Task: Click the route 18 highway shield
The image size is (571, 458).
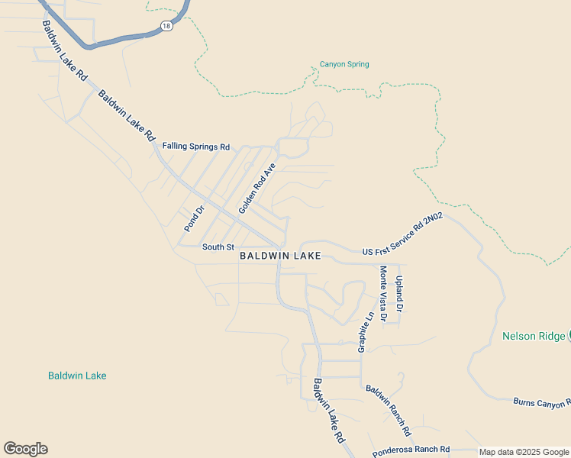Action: click(166, 26)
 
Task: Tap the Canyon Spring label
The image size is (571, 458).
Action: click(344, 65)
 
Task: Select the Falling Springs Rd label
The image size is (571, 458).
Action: click(195, 146)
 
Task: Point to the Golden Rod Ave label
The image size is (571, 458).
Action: click(256, 189)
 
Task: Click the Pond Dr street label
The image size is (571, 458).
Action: click(195, 219)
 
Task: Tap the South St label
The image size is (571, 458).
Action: click(218, 247)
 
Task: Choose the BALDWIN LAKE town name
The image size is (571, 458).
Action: click(280, 256)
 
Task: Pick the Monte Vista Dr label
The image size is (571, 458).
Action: click(383, 293)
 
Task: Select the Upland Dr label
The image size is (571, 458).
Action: click(398, 294)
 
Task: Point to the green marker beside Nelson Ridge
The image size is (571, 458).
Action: click(569, 336)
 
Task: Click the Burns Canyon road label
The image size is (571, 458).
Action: click(541, 402)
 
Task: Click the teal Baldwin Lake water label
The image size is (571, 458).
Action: click(77, 376)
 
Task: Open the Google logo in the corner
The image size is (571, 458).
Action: click(25, 449)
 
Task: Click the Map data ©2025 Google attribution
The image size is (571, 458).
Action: click(524, 452)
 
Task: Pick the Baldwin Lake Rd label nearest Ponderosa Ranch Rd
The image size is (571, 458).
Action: click(330, 411)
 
